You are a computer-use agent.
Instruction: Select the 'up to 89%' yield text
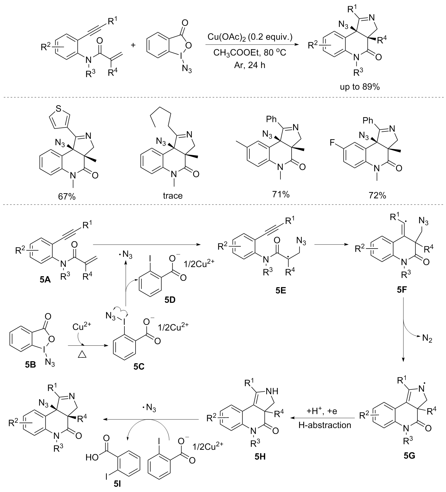(x=360, y=87)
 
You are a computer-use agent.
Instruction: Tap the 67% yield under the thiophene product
(x=66, y=196)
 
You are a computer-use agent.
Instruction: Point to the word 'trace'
(x=173, y=195)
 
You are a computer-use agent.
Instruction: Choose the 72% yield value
(x=377, y=195)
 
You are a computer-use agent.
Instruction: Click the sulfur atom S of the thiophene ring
(x=59, y=108)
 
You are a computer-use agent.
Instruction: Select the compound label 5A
(x=45, y=280)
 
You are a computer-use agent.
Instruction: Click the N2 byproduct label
(x=427, y=339)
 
